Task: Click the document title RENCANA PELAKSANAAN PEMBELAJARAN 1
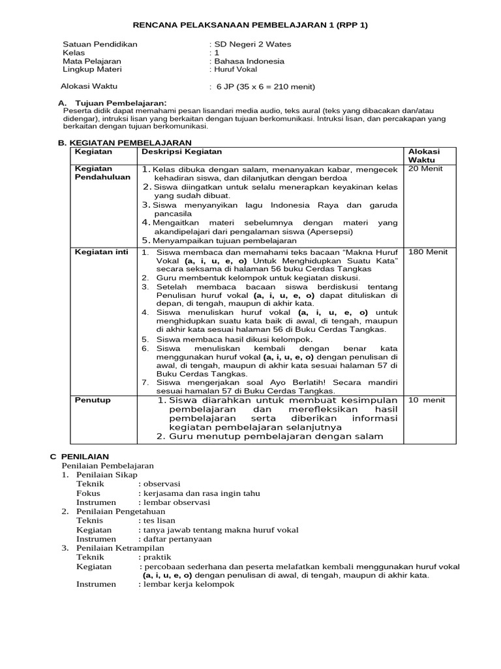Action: coord(250,25)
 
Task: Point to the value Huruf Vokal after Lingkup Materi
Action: coord(235,69)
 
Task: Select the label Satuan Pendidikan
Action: coord(100,44)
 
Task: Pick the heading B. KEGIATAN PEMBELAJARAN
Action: coord(125,142)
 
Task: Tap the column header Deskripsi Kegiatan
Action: coord(181,151)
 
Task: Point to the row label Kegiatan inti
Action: coord(101,252)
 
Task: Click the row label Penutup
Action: coord(93,400)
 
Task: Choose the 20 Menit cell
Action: coord(425,169)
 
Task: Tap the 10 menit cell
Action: coord(426,400)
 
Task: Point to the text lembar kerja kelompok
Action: coord(188,585)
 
